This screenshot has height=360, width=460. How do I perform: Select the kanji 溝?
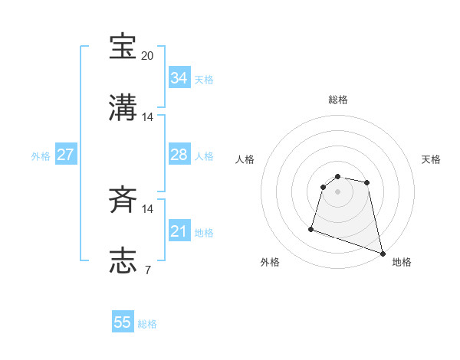pos(123,106)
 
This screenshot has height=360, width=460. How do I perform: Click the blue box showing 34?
pos(179,78)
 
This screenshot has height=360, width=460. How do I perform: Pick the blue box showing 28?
pos(179,155)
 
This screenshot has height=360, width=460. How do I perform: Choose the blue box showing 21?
pos(179,231)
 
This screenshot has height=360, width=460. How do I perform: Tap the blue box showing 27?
pos(65,155)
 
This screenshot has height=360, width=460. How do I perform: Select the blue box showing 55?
pos(123,322)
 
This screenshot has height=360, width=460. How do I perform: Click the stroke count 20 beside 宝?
pos(148,56)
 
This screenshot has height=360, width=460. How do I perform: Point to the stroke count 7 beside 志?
pos(147,270)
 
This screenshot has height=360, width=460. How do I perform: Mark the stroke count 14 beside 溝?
pos(148,117)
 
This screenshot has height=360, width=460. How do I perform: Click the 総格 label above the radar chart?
pos(338,100)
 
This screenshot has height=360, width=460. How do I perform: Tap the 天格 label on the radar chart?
pos(432,159)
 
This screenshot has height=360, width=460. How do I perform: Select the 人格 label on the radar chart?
pos(245,159)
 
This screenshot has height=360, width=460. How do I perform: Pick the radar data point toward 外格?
pos(311,228)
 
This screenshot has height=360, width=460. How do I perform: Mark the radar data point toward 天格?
pos(367,182)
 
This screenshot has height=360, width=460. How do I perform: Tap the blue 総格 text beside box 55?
pos(147,323)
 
